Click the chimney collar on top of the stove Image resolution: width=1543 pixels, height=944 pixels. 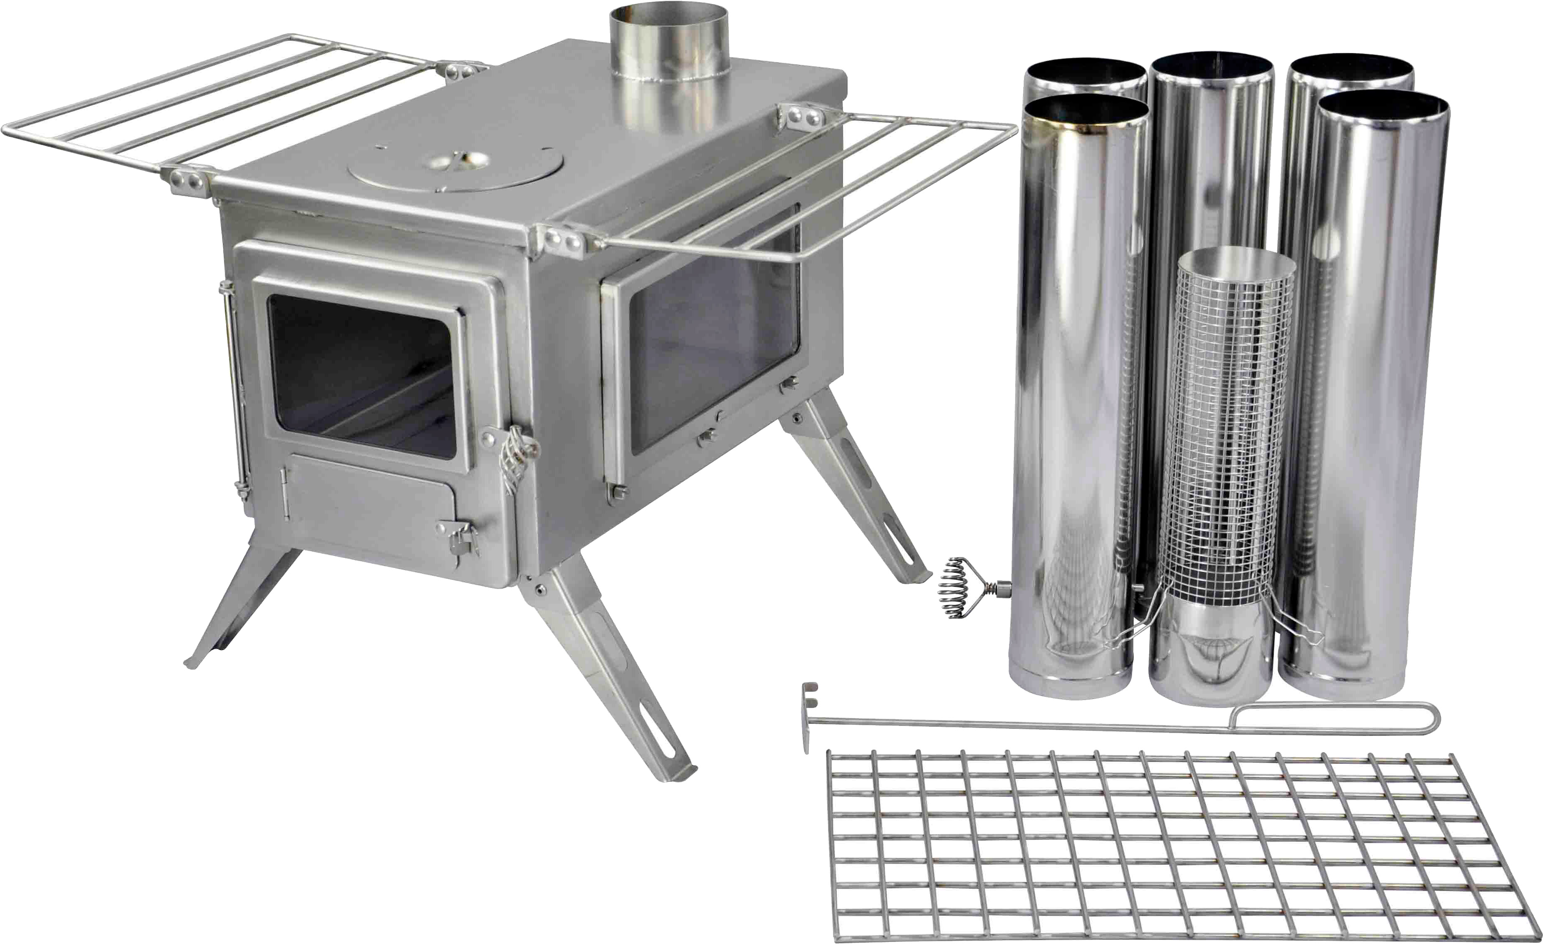pyautogui.click(x=669, y=50)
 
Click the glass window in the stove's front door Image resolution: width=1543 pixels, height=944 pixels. pyautogui.click(x=362, y=376)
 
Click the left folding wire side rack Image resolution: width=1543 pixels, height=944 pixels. pyautogui.click(x=206, y=100)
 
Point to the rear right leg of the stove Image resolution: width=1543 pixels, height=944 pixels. pyautogui.click(x=858, y=488)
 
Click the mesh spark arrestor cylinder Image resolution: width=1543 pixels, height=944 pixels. pyautogui.click(x=1227, y=426)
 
